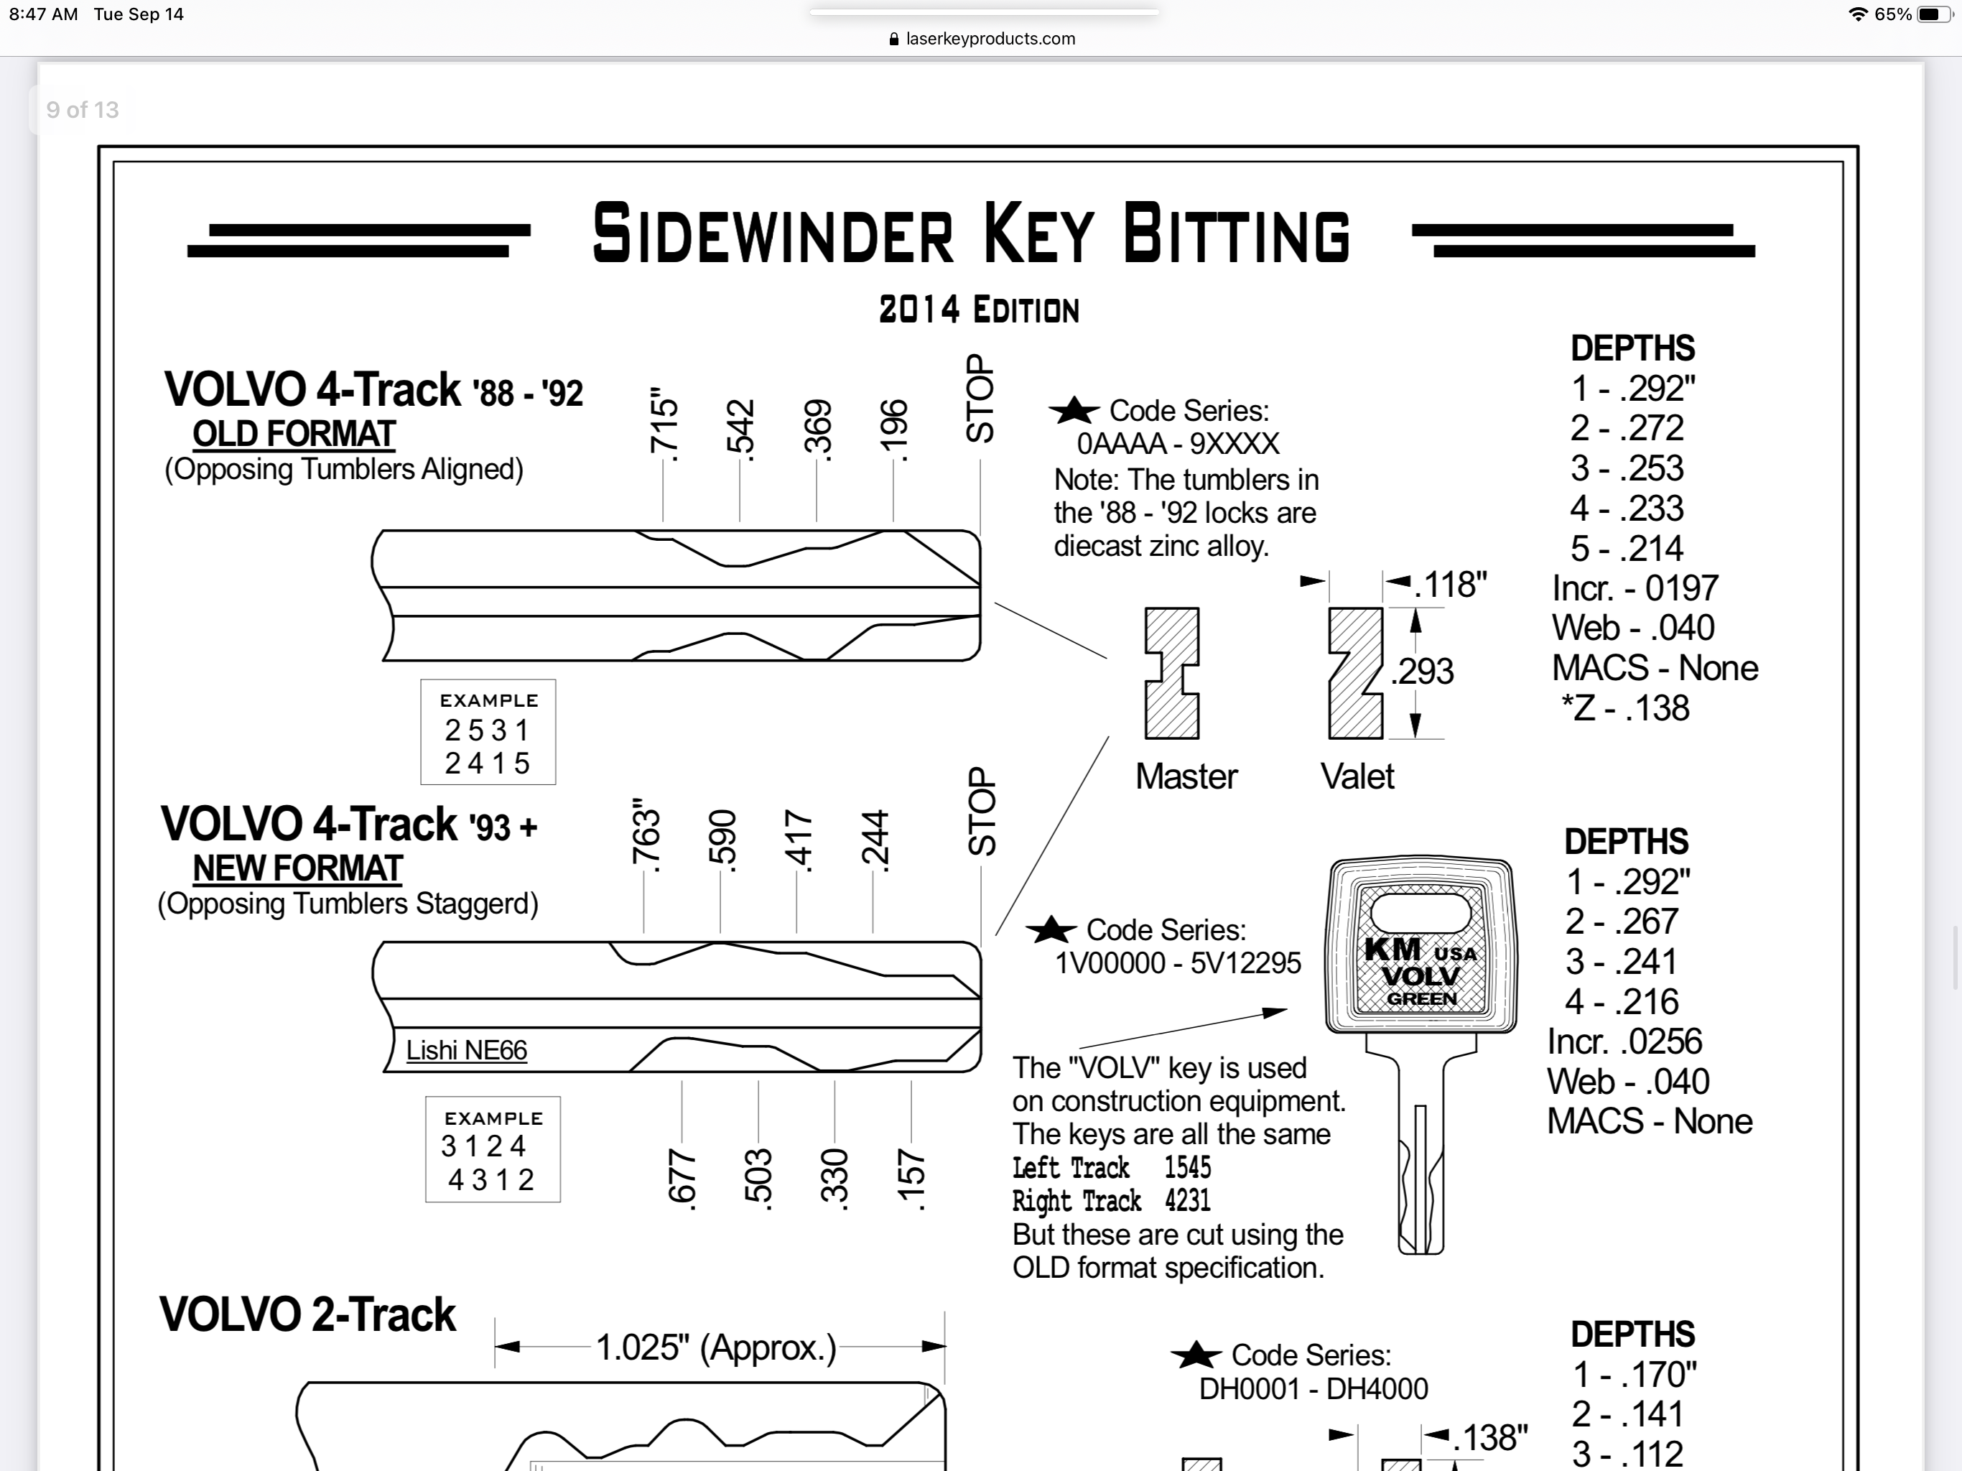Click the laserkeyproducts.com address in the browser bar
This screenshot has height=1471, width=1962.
990,39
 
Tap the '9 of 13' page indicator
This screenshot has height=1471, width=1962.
83,110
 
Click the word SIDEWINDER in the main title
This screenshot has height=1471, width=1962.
773,233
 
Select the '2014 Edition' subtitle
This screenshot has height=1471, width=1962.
978,310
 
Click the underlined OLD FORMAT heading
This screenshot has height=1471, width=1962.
294,434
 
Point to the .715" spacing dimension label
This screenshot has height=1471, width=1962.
664,424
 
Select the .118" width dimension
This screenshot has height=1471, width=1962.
1449,585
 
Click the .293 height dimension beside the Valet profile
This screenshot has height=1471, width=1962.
1422,671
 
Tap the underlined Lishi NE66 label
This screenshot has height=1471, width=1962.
467,1051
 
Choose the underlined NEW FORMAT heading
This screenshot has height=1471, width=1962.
298,868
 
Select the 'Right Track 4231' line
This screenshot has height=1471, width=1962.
1112,1201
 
